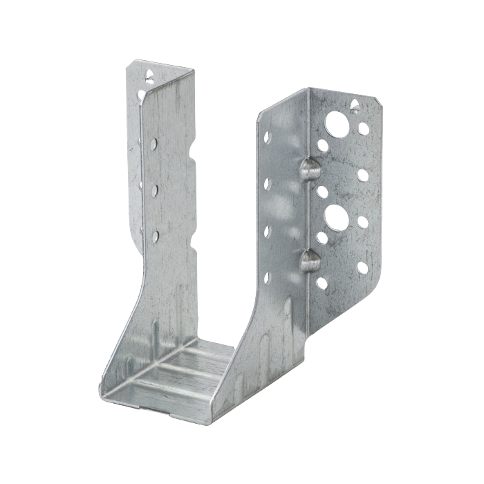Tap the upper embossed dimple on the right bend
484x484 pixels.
click(309, 168)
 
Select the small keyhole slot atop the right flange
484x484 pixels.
click(355, 106)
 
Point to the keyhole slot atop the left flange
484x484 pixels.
click(147, 72)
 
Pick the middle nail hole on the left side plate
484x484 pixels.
click(155, 189)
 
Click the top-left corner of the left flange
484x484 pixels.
click(128, 62)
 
